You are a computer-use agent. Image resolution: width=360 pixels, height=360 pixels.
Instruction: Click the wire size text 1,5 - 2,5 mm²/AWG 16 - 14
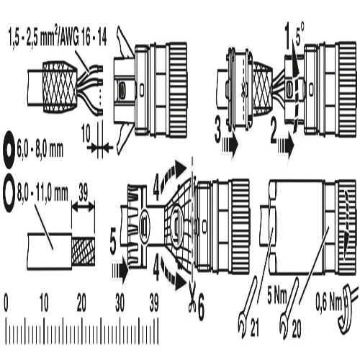pyautogui.click(x=58, y=37)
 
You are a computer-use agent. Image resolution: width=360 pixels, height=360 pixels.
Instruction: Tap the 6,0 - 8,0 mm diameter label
pyautogui.click(x=40, y=150)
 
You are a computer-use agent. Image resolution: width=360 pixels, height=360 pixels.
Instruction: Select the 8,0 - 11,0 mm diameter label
pyautogui.click(x=42, y=193)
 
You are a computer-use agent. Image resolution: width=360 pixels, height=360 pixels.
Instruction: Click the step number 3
pyautogui.click(x=217, y=132)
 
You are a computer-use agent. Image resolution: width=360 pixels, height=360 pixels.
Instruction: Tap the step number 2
pyautogui.click(x=274, y=131)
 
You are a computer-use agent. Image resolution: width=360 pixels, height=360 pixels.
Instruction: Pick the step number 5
pyautogui.click(x=113, y=244)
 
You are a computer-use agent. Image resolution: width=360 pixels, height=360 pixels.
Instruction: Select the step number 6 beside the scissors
pyautogui.click(x=200, y=309)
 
